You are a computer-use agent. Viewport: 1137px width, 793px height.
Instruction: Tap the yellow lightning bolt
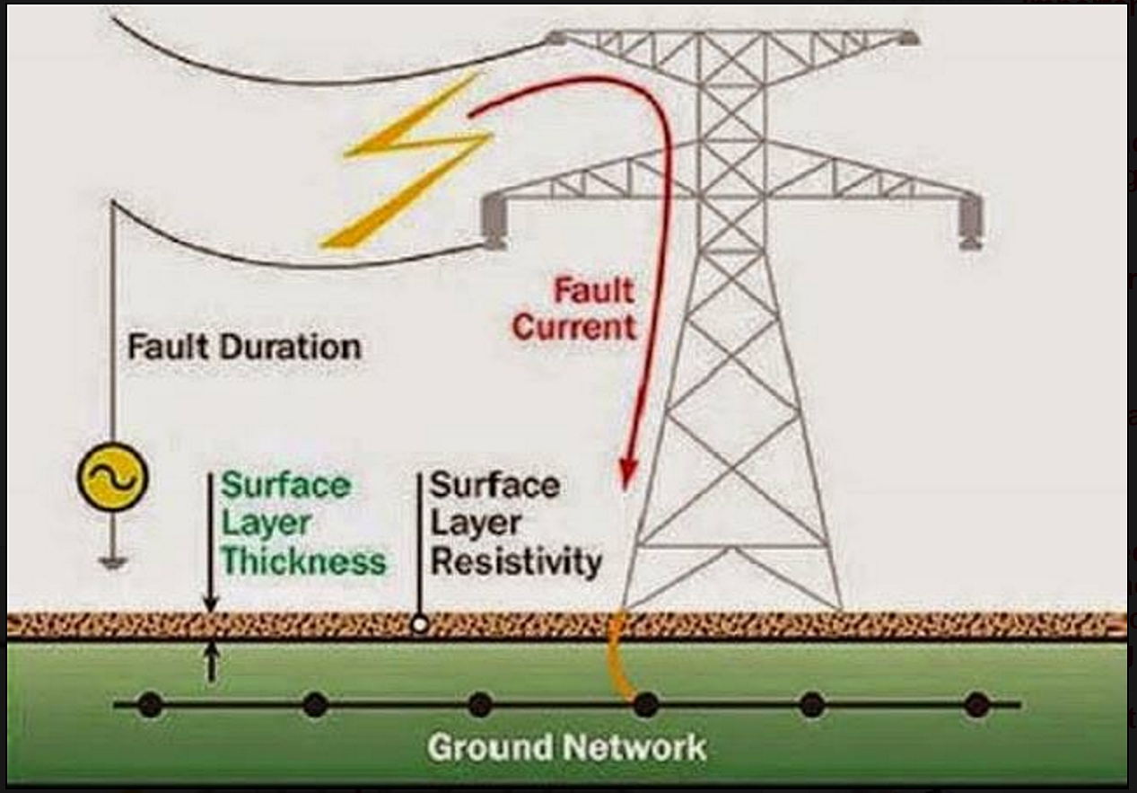(x=408, y=162)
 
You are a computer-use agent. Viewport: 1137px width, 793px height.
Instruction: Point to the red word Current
(x=573, y=327)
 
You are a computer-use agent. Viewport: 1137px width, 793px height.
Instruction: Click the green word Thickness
(x=303, y=561)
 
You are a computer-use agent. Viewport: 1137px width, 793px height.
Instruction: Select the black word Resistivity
(x=515, y=561)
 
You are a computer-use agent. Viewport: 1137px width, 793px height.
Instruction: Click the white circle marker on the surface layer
(x=418, y=624)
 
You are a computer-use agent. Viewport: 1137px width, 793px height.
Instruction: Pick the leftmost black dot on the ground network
(x=150, y=705)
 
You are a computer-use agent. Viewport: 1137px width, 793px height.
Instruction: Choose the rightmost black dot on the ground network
(x=976, y=705)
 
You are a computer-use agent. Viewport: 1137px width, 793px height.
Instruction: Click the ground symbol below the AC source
(x=112, y=563)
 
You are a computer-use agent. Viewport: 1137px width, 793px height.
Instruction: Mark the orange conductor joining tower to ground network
(x=620, y=656)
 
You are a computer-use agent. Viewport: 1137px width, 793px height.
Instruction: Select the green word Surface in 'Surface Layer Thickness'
(x=285, y=486)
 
